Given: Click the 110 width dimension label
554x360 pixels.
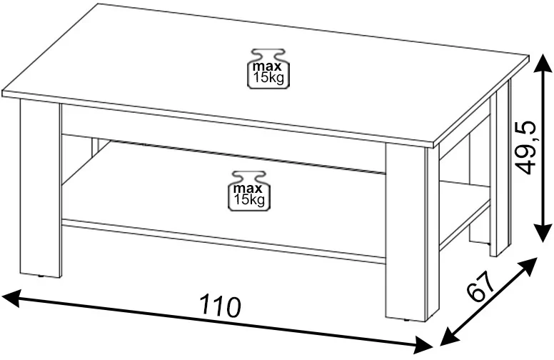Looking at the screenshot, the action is click(x=221, y=306).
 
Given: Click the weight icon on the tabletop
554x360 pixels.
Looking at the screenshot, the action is click(x=268, y=69).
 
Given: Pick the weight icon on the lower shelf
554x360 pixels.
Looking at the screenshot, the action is click(x=249, y=191).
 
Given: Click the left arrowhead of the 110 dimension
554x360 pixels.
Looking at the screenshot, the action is click(x=11, y=298).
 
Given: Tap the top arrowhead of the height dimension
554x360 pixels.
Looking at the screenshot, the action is click(x=543, y=66).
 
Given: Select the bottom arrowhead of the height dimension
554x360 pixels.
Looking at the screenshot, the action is click(x=543, y=231).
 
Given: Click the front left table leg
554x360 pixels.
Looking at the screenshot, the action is click(x=41, y=188).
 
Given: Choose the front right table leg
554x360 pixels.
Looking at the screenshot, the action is click(x=407, y=232).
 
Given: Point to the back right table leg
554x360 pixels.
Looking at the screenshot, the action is click(x=500, y=168).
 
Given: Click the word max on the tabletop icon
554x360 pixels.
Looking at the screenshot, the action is click(x=267, y=66).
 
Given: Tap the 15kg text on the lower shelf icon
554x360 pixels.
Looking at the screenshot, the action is click(x=249, y=199).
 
